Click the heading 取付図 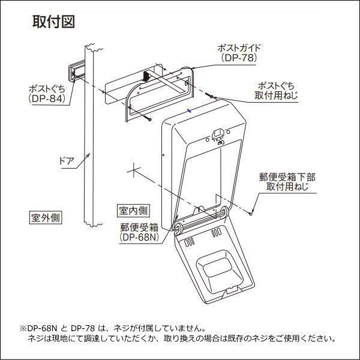coord(53,22)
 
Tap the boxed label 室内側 coord(133,211)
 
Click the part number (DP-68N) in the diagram coord(139,237)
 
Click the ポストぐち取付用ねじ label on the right coord(276,90)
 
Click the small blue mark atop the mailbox coord(189,110)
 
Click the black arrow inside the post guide coord(145,77)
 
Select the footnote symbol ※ coord(24,329)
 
